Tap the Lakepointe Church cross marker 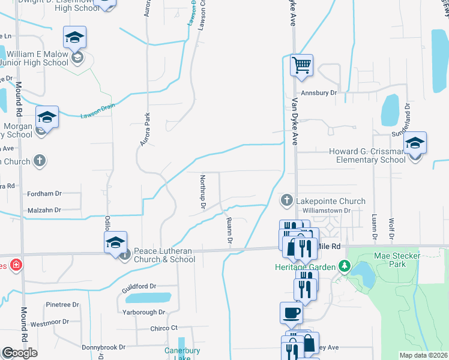click(287, 200)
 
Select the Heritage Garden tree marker click(344, 265)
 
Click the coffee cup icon click(291, 312)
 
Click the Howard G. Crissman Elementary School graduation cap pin click(414, 143)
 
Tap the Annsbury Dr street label click(319, 93)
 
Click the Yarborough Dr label click(143, 312)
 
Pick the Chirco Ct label click(164, 328)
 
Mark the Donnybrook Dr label click(103, 347)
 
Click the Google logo click(19, 353)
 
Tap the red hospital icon click(15, 265)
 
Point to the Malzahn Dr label click(45, 211)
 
